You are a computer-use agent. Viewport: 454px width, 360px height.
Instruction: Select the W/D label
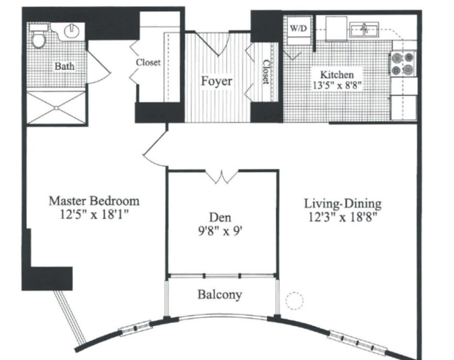pyautogui.click(x=298, y=28)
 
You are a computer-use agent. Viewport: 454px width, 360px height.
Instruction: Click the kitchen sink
pyautogui.click(x=364, y=29)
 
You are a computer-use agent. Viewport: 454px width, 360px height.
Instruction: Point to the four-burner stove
pyautogui.click(x=403, y=64)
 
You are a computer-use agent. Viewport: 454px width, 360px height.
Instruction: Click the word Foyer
pyautogui.click(x=217, y=81)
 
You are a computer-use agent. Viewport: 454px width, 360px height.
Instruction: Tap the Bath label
pyautogui.click(x=65, y=67)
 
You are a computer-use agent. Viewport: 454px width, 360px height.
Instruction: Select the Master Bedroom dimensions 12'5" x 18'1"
pyautogui.click(x=94, y=215)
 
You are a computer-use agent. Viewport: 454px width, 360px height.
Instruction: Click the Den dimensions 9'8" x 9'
pyautogui.click(x=220, y=231)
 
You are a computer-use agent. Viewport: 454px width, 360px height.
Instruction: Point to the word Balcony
pyautogui.click(x=220, y=295)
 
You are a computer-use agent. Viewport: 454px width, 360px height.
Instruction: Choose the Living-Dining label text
pyautogui.click(x=342, y=203)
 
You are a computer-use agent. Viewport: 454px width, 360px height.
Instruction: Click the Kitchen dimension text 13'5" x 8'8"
pyautogui.click(x=337, y=85)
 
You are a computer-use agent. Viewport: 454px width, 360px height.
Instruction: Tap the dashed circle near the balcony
pyautogui.click(x=294, y=301)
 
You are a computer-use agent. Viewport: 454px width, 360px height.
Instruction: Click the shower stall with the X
pyautogui.click(x=56, y=108)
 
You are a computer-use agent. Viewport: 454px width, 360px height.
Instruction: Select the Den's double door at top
pyautogui.click(x=222, y=177)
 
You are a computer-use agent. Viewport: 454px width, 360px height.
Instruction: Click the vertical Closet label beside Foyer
pyautogui.click(x=266, y=72)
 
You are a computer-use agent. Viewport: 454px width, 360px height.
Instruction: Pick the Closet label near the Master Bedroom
pyautogui.click(x=148, y=62)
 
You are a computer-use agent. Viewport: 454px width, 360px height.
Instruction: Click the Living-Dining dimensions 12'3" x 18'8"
pyautogui.click(x=343, y=217)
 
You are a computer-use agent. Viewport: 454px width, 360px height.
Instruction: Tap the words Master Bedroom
pyautogui.click(x=94, y=201)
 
